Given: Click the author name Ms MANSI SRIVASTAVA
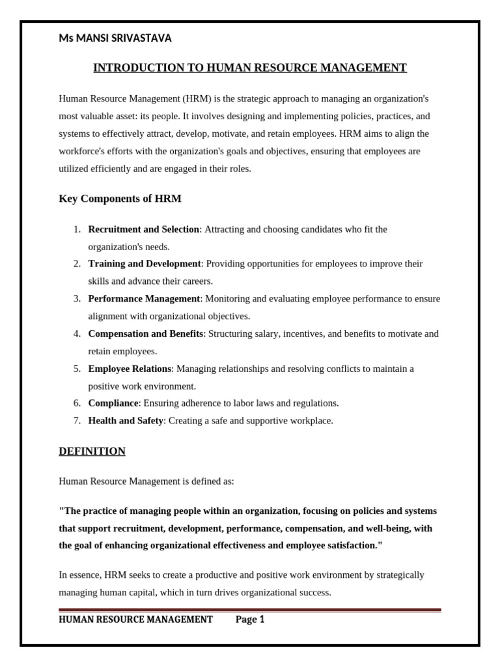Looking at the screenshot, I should pos(115,38).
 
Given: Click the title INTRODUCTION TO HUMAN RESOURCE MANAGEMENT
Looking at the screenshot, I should pos(250,68).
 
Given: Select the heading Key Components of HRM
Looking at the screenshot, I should pos(120,199).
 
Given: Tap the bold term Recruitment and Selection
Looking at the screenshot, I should pos(143,229).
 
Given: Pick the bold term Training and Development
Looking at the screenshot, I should pos(145,264).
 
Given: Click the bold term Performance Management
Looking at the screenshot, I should pos(144,298).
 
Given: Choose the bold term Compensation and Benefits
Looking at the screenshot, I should pos(146,333).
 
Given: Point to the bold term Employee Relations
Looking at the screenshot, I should pos(130,369).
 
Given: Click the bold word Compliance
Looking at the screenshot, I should pos(113,403).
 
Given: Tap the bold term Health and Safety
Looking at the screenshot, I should pos(126,421).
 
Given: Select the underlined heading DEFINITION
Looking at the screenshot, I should pos(92,451).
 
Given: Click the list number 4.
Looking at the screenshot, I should pos(76,333).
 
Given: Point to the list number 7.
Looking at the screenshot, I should pos(76,421).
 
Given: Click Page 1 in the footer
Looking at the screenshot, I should pos(250,619).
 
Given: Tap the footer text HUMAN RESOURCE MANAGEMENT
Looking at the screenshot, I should pos(135,619).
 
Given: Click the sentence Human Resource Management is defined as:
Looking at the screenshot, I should pos(146,481).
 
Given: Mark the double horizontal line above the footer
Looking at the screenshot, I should pos(250,610).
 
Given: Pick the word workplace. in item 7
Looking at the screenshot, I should pos(312,421).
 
